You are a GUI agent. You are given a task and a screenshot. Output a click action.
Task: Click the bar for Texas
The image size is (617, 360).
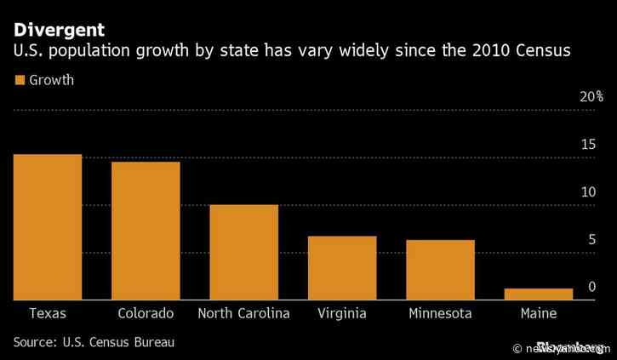48,227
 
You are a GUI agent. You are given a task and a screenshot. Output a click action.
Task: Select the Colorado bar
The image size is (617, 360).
146,231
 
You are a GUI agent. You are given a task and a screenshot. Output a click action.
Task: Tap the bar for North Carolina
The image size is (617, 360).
243,252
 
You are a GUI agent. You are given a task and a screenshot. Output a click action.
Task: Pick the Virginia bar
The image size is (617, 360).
342,268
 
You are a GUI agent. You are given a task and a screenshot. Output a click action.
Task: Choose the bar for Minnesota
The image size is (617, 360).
440,270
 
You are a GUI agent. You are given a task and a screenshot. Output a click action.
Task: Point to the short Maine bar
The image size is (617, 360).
538,294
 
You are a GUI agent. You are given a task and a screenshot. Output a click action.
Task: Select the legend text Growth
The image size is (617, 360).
51,81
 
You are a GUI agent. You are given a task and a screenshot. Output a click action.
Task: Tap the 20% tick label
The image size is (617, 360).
591,97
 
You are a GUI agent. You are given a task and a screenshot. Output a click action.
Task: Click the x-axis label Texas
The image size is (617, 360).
48,313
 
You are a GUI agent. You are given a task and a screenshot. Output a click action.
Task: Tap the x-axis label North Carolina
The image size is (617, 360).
243,313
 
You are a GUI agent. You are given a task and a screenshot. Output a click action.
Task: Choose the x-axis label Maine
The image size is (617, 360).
538,313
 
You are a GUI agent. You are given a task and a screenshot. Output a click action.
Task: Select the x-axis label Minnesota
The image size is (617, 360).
440,313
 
